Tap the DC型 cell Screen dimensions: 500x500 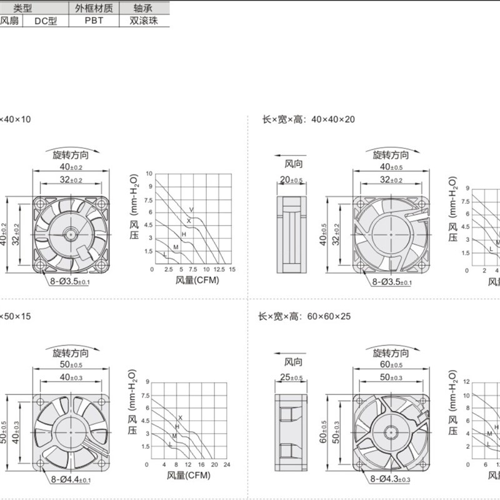[x=46, y=20]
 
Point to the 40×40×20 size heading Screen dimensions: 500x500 [x=307, y=119]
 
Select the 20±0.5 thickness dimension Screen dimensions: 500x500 [x=291, y=180]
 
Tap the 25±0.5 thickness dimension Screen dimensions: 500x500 [x=291, y=377]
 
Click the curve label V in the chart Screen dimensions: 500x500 [x=191, y=209]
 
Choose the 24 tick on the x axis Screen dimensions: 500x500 [x=227, y=465]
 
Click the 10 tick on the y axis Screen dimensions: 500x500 [x=149, y=173]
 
